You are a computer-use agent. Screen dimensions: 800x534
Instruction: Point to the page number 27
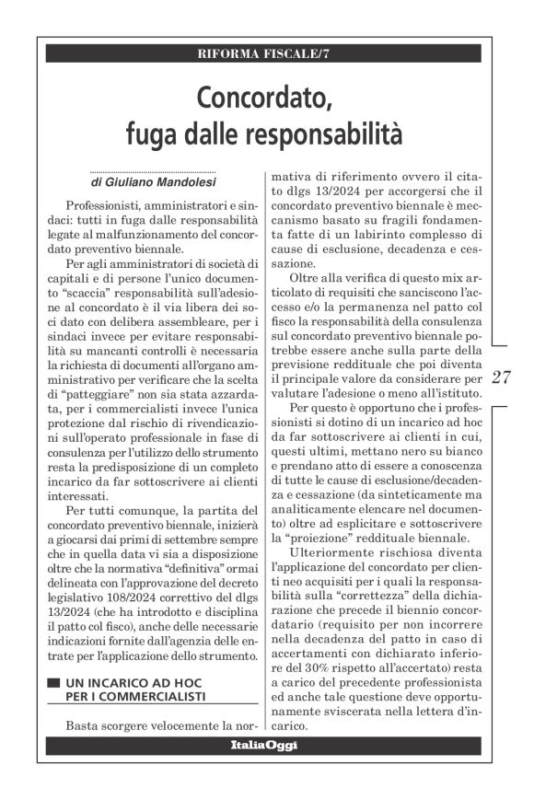pos(502,377)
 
